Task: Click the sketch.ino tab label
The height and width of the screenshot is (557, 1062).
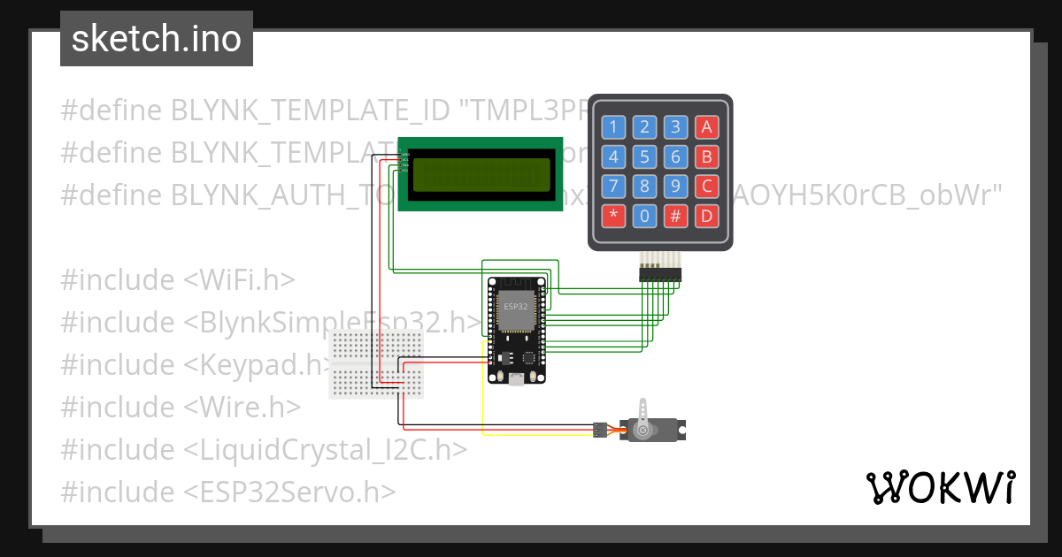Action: tap(156, 39)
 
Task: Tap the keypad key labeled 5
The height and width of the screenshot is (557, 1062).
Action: tap(645, 157)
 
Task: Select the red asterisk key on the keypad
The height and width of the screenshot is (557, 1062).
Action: tap(614, 215)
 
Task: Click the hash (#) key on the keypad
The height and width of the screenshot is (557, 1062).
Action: tap(675, 215)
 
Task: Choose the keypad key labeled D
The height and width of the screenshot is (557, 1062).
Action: tap(706, 215)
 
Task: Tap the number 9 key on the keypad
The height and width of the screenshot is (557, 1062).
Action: tap(675, 187)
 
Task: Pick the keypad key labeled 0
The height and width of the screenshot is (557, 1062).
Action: tap(645, 215)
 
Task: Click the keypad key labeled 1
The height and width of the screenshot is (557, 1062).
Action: tap(614, 127)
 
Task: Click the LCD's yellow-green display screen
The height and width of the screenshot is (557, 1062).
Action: tap(481, 173)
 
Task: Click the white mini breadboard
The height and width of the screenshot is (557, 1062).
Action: tap(375, 363)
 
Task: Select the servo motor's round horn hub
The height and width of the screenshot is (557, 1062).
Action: tap(643, 431)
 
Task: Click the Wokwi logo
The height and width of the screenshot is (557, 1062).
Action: tap(940, 487)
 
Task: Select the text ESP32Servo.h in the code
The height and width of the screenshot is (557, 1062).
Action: tap(289, 492)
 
